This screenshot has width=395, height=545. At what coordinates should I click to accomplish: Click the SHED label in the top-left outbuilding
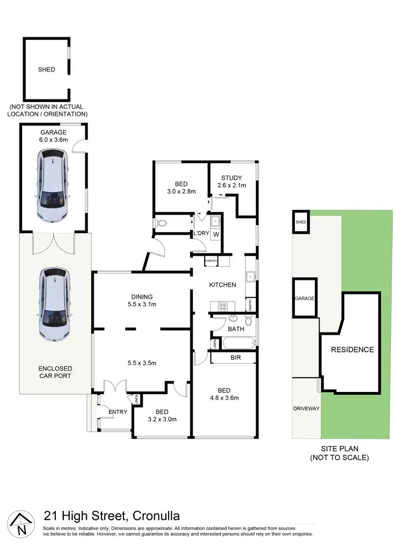(46, 69)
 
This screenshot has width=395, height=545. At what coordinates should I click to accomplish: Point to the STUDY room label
(232, 177)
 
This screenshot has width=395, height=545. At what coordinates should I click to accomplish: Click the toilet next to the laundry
(161, 224)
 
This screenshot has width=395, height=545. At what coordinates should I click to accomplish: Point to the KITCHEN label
(222, 285)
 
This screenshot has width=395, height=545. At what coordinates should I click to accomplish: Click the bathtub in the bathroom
(236, 344)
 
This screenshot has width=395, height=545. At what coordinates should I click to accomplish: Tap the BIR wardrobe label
(236, 358)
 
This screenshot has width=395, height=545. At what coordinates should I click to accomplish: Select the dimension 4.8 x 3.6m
(224, 398)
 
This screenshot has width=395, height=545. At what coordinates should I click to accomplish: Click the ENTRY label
(117, 411)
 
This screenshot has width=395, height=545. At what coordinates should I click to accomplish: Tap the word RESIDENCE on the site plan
(352, 349)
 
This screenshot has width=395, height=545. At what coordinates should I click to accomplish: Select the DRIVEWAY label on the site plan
(306, 408)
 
